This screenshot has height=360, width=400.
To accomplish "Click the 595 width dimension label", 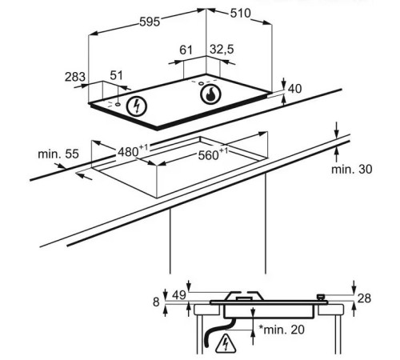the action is pyautogui.click(x=150, y=22).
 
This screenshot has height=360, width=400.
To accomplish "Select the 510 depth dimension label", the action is pyautogui.click(x=241, y=13).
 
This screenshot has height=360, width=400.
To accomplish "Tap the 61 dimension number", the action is pyautogui.click(x=186, y=50).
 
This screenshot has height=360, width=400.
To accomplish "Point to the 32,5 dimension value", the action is pyautogui.click(x=222, y=50).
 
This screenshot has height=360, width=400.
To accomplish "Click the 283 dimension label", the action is pyautogui.click(x=75, y=77).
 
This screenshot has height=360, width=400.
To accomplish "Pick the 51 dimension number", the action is pyautogui.click(x=117, y=75).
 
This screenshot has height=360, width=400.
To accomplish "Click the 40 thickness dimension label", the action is pyautogui.click(x=295, y=89).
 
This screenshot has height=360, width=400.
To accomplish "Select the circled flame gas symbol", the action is pyautogui.click(x=211, y=94).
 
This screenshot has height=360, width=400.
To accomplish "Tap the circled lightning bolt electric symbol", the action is pyautogui.click(x=137, y=106).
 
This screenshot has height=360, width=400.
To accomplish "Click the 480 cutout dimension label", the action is pyautogui.click(x=133, y=151).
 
